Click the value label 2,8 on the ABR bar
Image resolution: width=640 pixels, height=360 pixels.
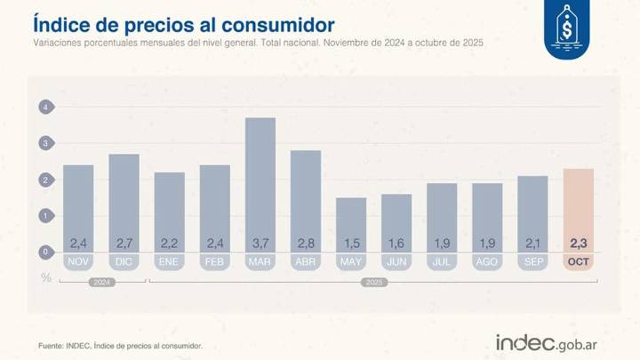[305, 243]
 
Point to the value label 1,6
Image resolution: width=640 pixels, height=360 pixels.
[396, 243]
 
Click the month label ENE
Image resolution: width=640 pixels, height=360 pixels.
[169, 262]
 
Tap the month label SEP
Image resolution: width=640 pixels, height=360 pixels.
[532, 262]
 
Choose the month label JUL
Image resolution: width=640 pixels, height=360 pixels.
[441, 262]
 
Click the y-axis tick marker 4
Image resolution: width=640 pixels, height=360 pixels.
[45, 107]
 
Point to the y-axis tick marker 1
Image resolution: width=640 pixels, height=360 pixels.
[45, 216]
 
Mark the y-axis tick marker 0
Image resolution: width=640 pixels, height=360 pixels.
[45, 252]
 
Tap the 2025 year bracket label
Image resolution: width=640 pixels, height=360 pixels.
[373, 283]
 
